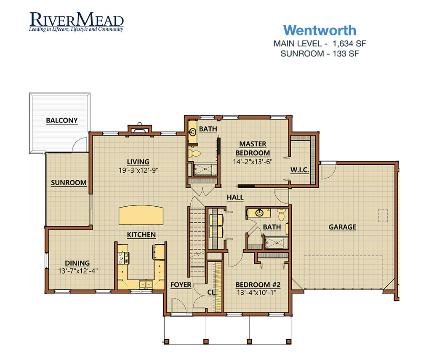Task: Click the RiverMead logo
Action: tap(77, 22)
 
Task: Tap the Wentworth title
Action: tap(320, 30)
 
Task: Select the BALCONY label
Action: tap(62, 120)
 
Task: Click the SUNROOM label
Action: tap(69, 183)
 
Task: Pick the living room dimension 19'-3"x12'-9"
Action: tap(139, 171)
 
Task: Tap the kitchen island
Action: tap(141, 215)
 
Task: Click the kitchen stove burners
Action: tap(123, 258)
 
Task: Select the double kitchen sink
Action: tap(146, 284)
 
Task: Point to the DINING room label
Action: tap(77, 263)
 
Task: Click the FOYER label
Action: tap(181, 285)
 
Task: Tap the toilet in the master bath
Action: tap(194, 154)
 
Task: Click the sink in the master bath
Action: tap(193, 132)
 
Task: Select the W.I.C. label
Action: tap(300, 170)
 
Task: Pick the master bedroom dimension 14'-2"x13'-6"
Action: tap(253, 162)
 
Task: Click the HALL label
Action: tap(235, 197)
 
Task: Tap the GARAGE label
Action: tap(342, 227)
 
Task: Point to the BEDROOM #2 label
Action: tap(258, 285)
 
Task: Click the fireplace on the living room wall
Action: tap(140, 129)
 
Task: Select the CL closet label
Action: tap(211, 292)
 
